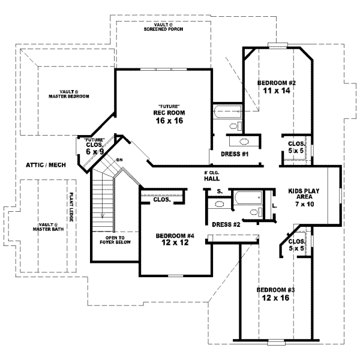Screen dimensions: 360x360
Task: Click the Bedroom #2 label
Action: click(277, 82)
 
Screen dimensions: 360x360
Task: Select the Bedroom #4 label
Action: click(175, 236)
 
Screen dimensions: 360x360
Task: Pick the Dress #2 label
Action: click(226, 224)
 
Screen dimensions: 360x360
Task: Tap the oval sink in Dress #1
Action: click(244, 142)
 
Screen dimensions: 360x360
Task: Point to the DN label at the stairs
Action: click(119, 160)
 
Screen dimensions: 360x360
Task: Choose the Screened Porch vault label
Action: click(163, 27)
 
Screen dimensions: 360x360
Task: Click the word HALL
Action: click(211, 178)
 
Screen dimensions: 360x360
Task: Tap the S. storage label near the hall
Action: click(220, 191)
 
